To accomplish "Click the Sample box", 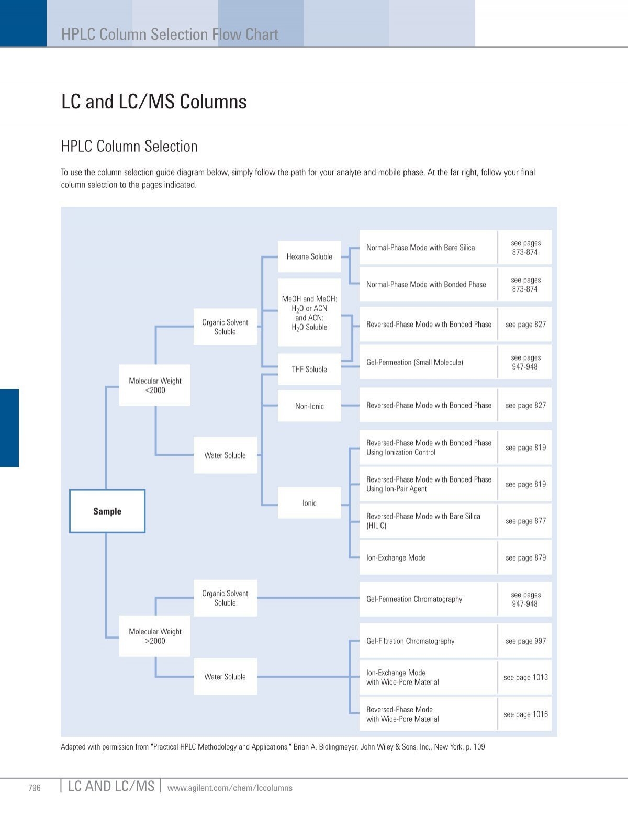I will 107,511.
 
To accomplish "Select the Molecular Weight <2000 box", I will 155,385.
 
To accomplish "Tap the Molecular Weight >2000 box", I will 155,636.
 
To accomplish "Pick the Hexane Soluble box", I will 309,256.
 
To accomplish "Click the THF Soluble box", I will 309,369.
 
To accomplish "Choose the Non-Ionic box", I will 309,406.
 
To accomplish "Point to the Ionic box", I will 309,503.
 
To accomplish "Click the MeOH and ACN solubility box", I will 309,313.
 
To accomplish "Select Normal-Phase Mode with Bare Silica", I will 421,248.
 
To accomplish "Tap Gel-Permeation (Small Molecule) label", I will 414,362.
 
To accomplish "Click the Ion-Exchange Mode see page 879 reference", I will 525,557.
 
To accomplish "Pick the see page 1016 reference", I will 525,714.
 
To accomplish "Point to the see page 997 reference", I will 525,641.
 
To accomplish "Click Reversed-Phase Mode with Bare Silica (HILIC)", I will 423,521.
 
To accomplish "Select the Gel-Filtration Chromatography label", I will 410,641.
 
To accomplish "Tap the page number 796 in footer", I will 35,788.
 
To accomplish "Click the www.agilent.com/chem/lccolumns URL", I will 230,788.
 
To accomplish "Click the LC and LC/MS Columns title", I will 154,102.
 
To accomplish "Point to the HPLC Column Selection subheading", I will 129,146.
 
